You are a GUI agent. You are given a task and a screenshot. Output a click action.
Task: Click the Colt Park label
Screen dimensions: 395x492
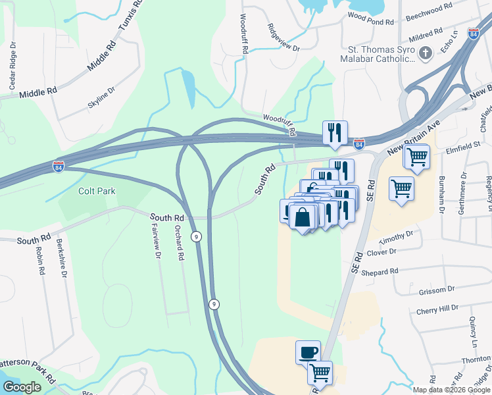pyautogui.click(x=97, y=191)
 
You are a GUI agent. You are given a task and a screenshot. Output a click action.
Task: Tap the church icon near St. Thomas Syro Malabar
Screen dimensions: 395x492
pyautogui.click(x=425, y=53)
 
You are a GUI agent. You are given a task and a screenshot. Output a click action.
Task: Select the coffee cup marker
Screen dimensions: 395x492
pyautogui.click(x=308, y=352)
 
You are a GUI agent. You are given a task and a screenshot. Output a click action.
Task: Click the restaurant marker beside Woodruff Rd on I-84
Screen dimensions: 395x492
pyautogui.click(x=335, y=133)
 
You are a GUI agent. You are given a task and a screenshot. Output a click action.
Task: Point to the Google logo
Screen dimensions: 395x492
pyautogui.click(x=21, y=387)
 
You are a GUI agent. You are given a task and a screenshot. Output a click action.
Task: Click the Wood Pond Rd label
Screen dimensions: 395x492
pyautogui.click(x=370, y=19)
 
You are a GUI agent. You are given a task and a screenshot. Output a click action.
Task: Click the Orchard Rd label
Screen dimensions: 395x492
pyautogui.click(x=179, y=244)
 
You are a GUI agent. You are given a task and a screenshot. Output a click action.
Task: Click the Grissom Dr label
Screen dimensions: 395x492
pyautogui.click(x=433, y=289)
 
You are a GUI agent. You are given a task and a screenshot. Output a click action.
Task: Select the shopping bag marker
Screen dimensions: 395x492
pyautogui.click(x=303, y=217)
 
